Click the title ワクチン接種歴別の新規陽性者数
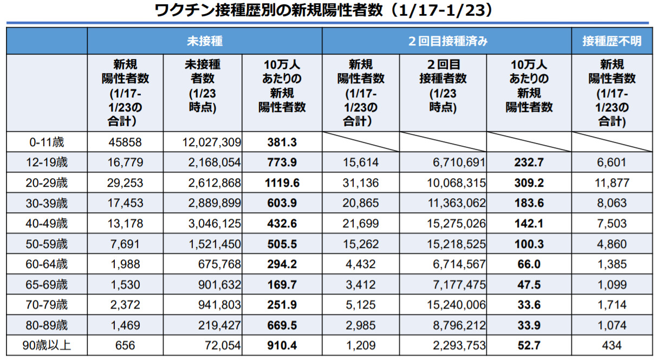324,11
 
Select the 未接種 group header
204,41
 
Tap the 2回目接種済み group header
447,41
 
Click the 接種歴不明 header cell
612,41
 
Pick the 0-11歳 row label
47,143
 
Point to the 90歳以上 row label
47,345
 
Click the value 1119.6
282,183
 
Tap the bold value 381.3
282,143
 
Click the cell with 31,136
361,183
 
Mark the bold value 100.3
529,244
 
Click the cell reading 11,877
612,183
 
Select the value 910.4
282,345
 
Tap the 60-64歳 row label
47,264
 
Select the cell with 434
612,345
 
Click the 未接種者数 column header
203,87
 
